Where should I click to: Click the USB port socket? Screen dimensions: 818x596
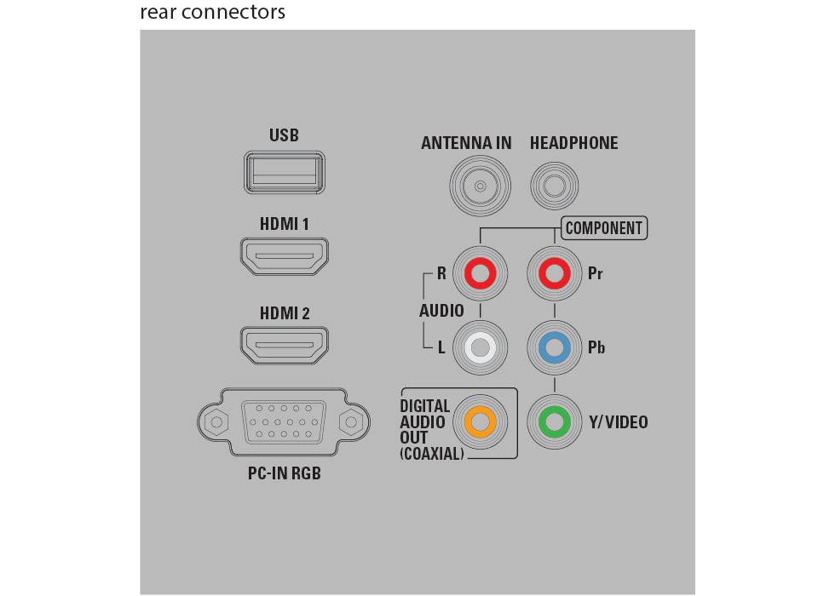[x=285, y=173]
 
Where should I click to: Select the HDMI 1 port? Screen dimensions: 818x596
[x=285, y=256]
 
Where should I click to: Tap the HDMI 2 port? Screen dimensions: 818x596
[x=285, y=345]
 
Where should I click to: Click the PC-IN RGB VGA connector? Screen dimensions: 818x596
[x=284, y=421]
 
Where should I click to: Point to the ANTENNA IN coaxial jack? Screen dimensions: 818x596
[x=480, y=186]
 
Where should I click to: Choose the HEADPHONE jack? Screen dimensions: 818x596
[x=554, y=186]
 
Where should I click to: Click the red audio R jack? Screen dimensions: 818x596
[x=480, y=273]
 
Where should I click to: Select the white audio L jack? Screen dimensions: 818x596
[x=480, y=347]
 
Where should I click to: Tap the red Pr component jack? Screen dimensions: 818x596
[x=554, y=273]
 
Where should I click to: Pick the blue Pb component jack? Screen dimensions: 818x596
[x=554, y=347]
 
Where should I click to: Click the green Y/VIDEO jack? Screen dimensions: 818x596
[x=554, y=421]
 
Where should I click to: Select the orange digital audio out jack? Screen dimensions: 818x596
[x=480, y=421]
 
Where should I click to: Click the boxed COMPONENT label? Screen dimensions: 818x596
[x=604, y=228]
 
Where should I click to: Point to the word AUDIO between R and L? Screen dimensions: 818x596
[x=441, y=311]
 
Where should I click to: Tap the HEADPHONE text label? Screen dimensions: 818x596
[x=573, y=143]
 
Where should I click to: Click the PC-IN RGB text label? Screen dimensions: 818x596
[x=285, y=473]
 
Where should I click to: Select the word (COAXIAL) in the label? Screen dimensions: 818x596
[x=432, y=454]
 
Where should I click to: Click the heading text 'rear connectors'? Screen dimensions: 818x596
[x=212, y=11]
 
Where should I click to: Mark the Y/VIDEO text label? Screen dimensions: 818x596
[x=619, y=421]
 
